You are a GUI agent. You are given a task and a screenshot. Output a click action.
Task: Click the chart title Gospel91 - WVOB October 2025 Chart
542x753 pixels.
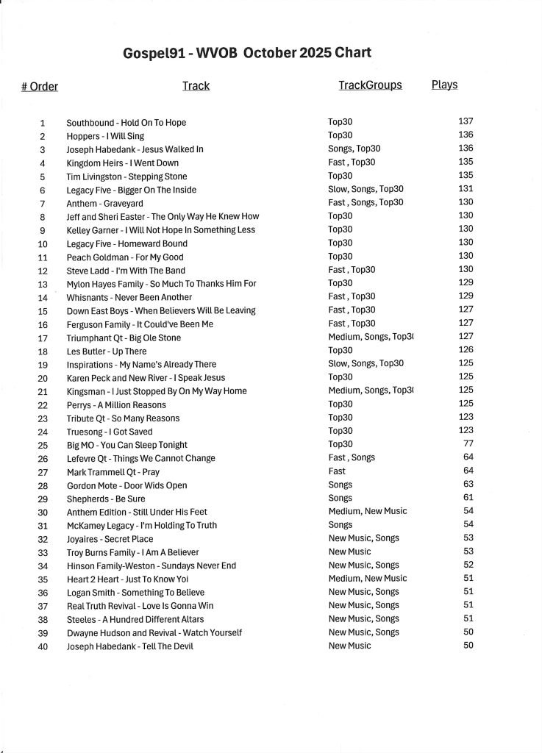coord(247,53)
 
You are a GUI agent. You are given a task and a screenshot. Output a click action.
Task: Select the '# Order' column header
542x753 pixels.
coord(40,87)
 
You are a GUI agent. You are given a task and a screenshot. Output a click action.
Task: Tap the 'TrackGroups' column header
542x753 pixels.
coord(370,85)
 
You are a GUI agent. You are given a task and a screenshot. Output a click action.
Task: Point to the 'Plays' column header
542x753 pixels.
coord(444,85)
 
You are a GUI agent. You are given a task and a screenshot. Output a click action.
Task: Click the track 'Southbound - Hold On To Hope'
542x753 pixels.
coord(126,123)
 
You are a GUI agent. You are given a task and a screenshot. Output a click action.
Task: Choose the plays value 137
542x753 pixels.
coord(466,121)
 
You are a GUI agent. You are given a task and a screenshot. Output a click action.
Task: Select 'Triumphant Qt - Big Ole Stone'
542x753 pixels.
coord(124,338)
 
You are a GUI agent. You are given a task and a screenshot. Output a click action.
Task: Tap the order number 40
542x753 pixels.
coord(43,646)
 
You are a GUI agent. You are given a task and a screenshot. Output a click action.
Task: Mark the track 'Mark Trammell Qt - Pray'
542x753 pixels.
coord(113,472)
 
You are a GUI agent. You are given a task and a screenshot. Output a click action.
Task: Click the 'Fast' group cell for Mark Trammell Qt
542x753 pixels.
coord(337,471)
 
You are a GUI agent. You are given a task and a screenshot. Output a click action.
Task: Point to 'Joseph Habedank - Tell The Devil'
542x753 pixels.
coord(130,646)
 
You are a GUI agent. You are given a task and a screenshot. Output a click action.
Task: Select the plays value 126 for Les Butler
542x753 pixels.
coord(466,350)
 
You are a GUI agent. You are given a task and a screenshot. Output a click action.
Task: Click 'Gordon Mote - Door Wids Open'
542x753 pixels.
coord(126,485)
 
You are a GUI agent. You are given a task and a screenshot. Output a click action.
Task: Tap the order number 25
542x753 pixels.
coord(43,445)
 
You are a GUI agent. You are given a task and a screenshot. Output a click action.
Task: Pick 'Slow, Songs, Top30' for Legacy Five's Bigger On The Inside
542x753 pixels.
coord(366,189)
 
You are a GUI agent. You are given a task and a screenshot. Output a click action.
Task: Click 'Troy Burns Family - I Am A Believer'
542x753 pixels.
coord(132,552)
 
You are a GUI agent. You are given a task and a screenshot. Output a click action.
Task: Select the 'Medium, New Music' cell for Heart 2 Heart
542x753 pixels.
coord(367,578)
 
